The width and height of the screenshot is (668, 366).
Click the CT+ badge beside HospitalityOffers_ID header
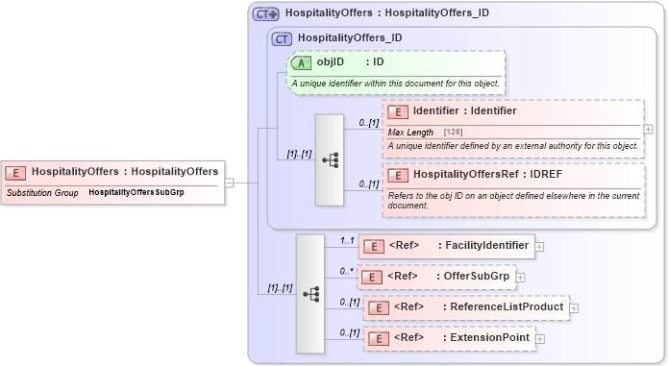point(265,13)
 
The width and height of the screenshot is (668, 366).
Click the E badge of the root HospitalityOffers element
point(16,172)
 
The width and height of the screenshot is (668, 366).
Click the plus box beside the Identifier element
point(648,129)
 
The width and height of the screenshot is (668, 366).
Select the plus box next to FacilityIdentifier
point(538,246)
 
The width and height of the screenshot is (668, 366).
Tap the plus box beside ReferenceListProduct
point(574,308)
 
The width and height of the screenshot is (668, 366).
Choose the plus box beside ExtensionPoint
point(539,338)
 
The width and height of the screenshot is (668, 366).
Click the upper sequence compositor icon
point(330,160)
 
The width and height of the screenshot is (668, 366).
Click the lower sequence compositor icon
point(310,294)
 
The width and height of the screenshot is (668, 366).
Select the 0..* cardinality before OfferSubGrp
point(345,271)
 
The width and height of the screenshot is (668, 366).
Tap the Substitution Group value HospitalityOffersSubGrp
point(136,192)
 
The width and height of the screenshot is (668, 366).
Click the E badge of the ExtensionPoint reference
point(379,338)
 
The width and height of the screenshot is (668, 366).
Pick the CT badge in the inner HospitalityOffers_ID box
point(282,38)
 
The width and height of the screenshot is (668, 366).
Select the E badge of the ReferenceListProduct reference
point(379,308)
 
